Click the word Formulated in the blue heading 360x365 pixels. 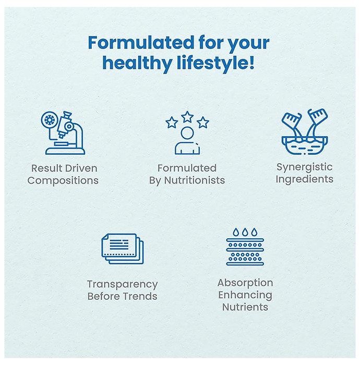(x=141, y=43)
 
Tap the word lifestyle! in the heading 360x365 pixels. (x=215, y=63)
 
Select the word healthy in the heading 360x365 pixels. (x=137, y=64)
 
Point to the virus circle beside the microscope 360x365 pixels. (x=50, y=120)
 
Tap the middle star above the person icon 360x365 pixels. (x=187, y=117)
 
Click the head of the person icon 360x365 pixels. (x=187, y=133)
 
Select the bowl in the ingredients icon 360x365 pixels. (x=305, y=145)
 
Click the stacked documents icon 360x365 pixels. (x=123, y=249)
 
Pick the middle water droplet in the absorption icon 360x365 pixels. (x=245, y=232)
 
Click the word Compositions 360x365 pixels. (x=63, y=181)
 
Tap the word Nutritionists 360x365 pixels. (x=195, y=180)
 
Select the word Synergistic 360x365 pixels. (x=304, y=168)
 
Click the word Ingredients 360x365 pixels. (x=304, y=180)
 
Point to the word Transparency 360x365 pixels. (x=123, y=285)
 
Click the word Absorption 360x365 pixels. (x=245, y=283)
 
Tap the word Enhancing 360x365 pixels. (x=245, y=296)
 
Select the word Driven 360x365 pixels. (x=81, y=168)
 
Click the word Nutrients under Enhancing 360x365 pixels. (x=245, y=307)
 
